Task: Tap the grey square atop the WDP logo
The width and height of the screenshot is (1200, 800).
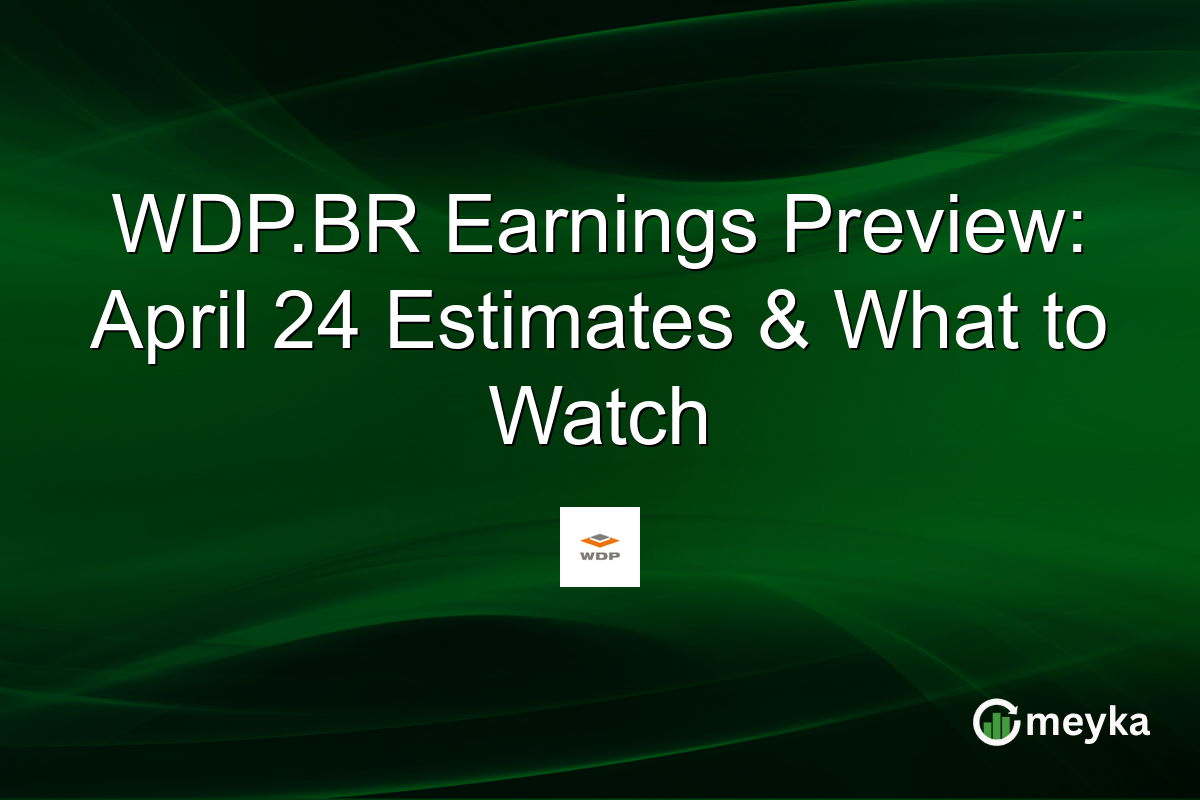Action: [600, 534]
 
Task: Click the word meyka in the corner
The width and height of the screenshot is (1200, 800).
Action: [1086, 721]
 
